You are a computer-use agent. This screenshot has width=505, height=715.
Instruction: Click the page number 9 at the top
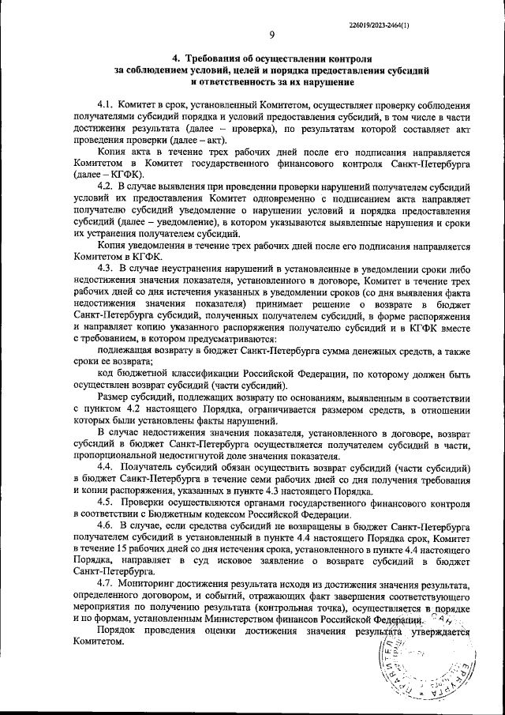point(271,34)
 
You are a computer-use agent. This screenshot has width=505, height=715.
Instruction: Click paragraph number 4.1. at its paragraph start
point(107,105)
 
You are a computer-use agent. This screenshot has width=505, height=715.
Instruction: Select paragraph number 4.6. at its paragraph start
point(107,525)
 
